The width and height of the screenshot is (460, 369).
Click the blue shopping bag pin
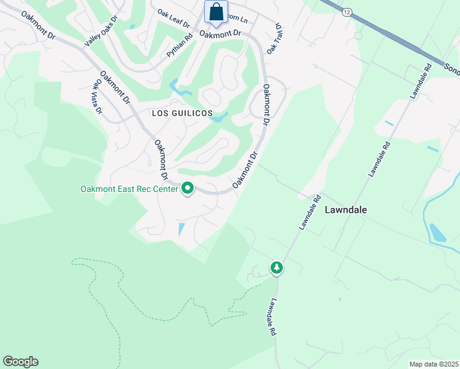tap(216, 12)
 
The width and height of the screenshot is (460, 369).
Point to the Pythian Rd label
tap(180, 46)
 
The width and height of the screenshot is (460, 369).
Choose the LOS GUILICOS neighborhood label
tap(182, 114)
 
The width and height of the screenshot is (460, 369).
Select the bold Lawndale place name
tap(346, 210)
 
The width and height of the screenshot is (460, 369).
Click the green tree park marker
tap(277, 268)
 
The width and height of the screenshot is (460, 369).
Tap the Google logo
tap(20, 362)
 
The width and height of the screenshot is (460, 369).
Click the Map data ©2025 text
tap(433, 364)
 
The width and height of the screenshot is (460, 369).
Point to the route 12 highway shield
tap(347, 12)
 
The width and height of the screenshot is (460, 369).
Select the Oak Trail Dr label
tap(273, 39)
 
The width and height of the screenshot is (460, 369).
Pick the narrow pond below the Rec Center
tap(181, 229)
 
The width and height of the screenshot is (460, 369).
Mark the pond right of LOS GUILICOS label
tap(219, 117)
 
